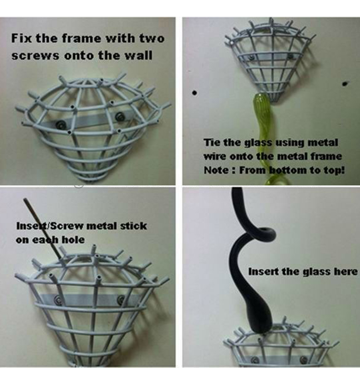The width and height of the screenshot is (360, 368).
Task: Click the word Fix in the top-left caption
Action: coord(21,38)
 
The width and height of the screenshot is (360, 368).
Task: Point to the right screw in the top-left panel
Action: coord(119,116)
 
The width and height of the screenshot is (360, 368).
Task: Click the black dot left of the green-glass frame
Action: coord(194,93)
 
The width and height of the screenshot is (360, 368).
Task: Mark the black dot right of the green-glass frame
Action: coord(345,83)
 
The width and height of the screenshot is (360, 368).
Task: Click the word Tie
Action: coord(212,143)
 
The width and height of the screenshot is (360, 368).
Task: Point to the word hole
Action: coord(73,240)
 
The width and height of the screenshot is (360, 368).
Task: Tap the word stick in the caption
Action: coord(133,226)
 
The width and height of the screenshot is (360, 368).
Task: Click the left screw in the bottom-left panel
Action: coord(58,300)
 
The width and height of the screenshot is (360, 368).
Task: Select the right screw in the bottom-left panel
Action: coord(121,300)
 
